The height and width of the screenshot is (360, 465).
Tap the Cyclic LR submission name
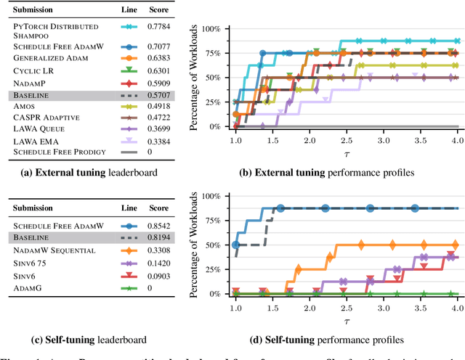[31, 70]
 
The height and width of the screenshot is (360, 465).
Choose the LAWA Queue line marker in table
[130, 128]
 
